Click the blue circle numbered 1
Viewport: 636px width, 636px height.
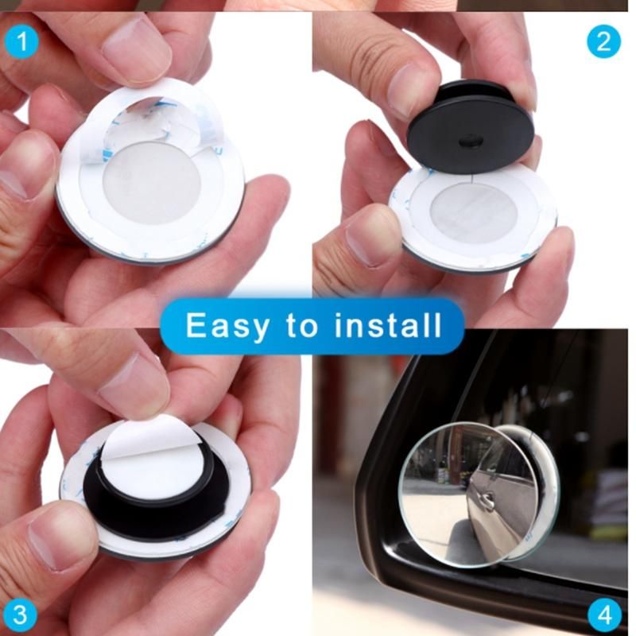point(22,42)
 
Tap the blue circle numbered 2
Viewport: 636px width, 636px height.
point(604,42)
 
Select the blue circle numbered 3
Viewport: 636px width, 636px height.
point(20,614)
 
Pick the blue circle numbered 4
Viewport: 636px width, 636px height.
point(604,614)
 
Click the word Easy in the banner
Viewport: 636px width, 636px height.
point(227,325)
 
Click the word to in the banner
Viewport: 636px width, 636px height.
point(302,325)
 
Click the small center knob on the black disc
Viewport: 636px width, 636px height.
point(470,142)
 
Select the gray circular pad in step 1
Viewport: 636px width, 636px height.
point(151,183)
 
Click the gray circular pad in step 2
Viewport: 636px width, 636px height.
point(474,212)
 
